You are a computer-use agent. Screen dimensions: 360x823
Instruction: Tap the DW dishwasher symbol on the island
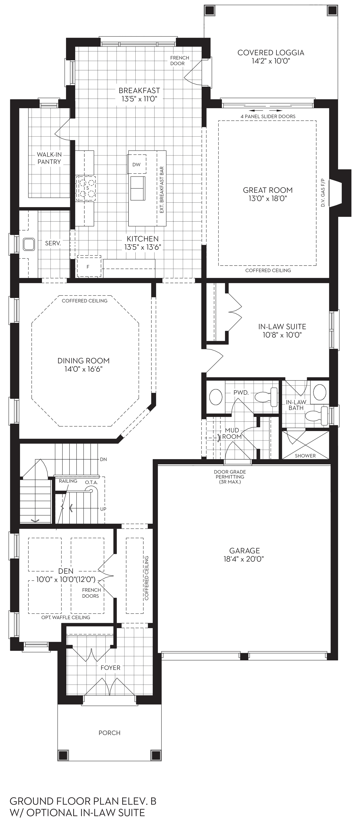137,164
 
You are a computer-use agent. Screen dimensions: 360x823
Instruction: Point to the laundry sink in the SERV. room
29,244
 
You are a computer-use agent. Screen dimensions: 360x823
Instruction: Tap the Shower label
305,456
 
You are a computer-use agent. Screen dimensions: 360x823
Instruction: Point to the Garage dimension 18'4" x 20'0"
244,559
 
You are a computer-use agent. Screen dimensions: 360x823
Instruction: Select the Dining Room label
83,361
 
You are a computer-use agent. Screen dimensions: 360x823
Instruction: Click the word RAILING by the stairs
68,481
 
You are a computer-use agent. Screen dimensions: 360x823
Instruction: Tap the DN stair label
103,460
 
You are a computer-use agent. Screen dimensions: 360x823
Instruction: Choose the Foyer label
111,668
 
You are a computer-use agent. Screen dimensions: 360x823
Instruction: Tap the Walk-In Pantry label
49,158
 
